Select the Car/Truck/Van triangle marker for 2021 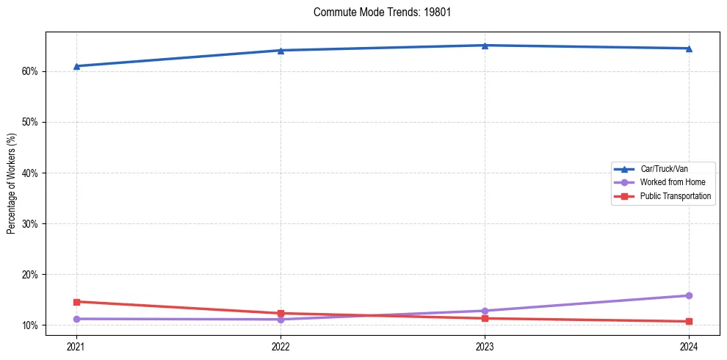click(76, 66)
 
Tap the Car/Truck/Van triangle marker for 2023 click(485, 46)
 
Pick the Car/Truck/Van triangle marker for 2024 click(689, 48)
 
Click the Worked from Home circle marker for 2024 click(689, 295)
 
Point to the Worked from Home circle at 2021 click(76, 319)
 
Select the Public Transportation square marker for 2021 click(76, 302)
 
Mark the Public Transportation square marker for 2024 click(689, 321)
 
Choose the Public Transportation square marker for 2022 click(281, 313)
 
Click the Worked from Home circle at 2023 click(485, 311)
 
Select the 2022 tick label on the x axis click(281, 345)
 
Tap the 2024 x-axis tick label click(689, 345)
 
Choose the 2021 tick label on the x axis click(76, 345)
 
